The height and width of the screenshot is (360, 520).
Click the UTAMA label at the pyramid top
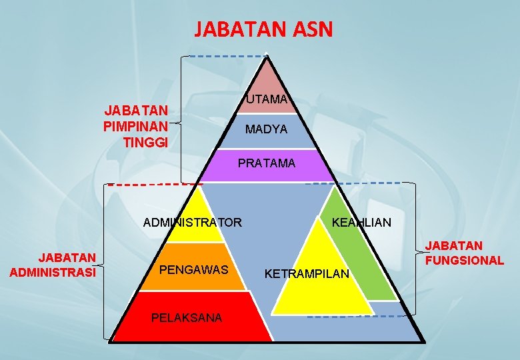(267, 100)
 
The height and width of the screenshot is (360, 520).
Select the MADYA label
(267, 129)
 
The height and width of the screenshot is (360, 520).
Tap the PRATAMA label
(267, 163)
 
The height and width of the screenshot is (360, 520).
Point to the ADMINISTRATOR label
(193, 223)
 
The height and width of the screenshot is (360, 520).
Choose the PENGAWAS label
(195, 271)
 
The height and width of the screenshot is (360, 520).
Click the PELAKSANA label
(187, 318)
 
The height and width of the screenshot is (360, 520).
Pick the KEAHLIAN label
(361, 223)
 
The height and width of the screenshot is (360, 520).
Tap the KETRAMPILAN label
(307, 274)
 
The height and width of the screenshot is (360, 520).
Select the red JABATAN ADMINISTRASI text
(53, 265)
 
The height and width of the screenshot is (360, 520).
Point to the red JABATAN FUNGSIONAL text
(465, 253)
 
